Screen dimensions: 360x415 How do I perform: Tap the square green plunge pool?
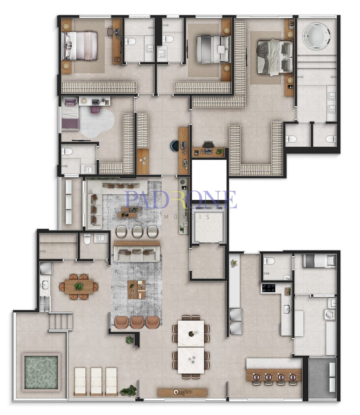click(41, 372)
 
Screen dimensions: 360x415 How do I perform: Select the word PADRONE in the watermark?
click(181, 200)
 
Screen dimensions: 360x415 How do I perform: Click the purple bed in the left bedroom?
click(70, 114)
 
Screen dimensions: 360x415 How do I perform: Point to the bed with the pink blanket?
click(79, 46)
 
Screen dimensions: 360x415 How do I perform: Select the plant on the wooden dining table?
click(78, 286)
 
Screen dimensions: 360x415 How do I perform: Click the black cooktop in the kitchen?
click(268, 288)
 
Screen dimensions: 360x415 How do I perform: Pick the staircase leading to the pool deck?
click(60, 321)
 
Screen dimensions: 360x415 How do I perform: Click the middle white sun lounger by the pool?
click(96, 381)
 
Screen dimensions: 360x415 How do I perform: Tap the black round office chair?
click(174, 146)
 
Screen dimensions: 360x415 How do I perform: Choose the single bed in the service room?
click(319, 261)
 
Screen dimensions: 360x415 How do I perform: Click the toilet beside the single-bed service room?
click(269, 261)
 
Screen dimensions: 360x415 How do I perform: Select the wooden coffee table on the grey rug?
click(137, 290)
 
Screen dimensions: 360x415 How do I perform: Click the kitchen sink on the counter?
click(287, 309)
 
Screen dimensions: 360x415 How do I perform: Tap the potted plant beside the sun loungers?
click(128, 390)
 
